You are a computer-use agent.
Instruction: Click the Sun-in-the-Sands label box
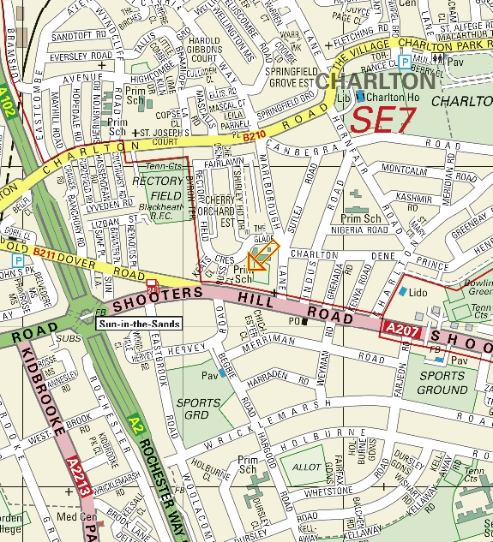pyautogui.click(x=127, y=325)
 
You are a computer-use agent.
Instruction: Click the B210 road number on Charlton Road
pyautogui.click(x=255, y=134)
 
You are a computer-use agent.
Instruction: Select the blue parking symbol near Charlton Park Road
pyautogui.click(x=404, y=62)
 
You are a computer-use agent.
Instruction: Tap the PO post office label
pyautogui.click(x=293, y=322)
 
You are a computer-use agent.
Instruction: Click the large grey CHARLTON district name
pyautogui.click(x=376, y=81)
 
